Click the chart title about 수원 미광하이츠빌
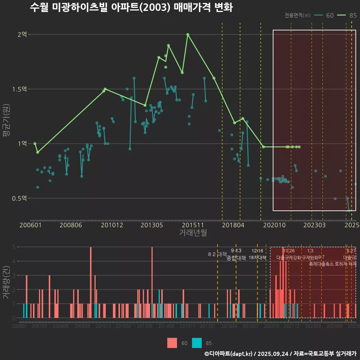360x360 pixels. [131, 8]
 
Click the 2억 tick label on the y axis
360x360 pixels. [22, 34]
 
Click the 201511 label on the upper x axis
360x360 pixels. [192, 225]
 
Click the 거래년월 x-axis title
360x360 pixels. [193, 232]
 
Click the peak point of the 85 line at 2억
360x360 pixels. [187, 34]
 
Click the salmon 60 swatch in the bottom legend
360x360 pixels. [172, 343]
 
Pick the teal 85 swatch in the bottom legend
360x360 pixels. [197, 343]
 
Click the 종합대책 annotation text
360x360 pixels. [236, 258]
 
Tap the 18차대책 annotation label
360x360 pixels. [257, 258]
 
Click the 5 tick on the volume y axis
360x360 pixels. [13, 247]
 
